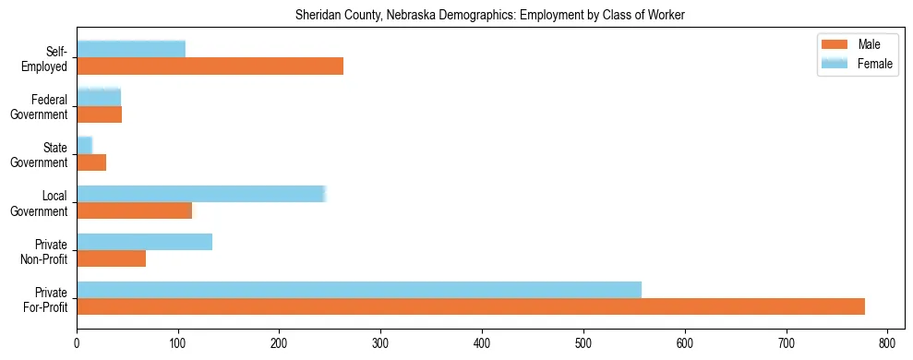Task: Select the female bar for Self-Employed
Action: pos(131,49)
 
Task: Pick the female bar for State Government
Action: pos(85,145)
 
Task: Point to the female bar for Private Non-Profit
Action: pos(144,242)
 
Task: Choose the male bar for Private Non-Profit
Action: pos(111,258)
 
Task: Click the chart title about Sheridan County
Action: pos(489,16)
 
